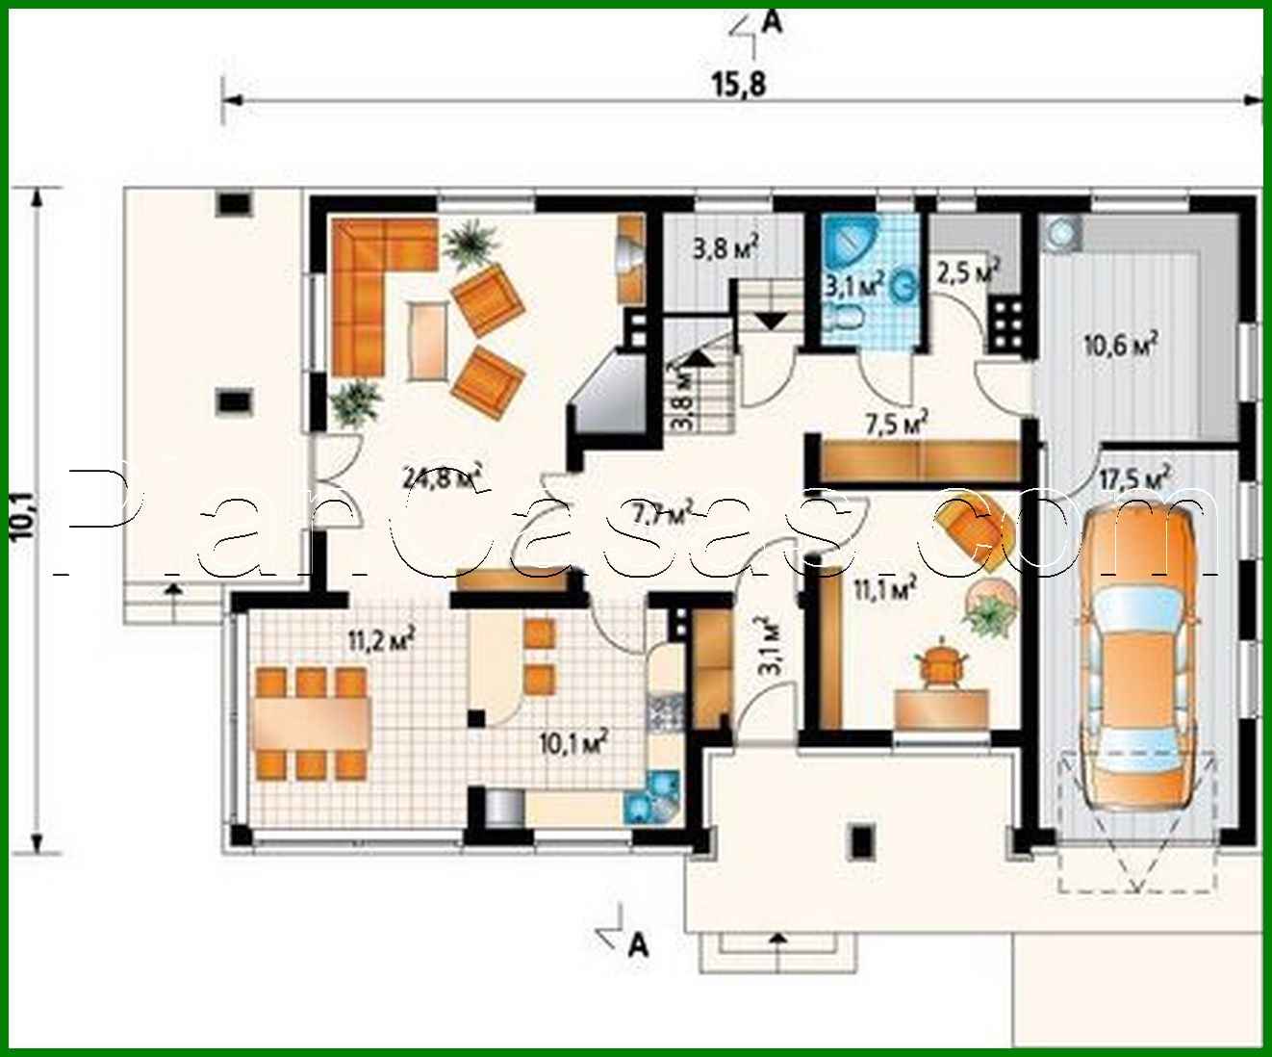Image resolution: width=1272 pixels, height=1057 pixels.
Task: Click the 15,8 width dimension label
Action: (x=739, y=85)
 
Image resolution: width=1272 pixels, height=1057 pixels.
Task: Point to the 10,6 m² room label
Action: (x=1121, y=346)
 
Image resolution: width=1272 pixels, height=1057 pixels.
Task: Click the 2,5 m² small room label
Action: (x=965, y=273)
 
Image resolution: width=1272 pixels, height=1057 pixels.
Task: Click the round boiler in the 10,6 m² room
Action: (x=1063, y=233)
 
